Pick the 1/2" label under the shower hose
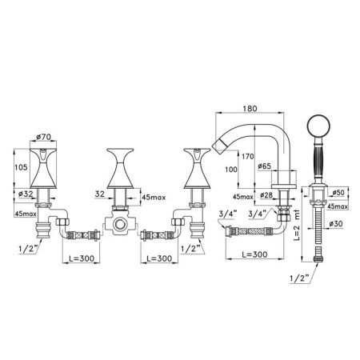pyautogui.click(x=300, y=279)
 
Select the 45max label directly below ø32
pyautogui.click(x=24, y=213)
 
